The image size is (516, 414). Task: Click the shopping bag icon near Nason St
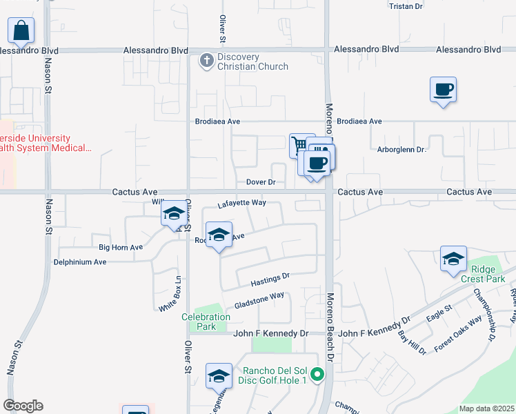pyautogui.click(x=21, y=30)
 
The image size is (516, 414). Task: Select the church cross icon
pyautogui.click(x=206, y=61)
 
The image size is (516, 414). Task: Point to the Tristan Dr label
pyautogui.click(x=406, y=6)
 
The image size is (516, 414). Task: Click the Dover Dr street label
pyautogui.click(x=261, y=183)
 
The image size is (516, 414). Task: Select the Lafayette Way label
pyautogui.click(x=241, y=204)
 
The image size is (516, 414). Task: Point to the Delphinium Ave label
pyautogui.click(x=81, y=262)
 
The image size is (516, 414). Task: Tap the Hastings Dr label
pyautogui.click(x=270, y=279)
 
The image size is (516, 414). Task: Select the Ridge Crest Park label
pyautogui.click(x=488, y=274)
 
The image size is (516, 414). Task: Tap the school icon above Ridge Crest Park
pyautogui.click(x=453, y=259)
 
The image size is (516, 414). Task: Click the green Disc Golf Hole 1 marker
pyautogui.click(x=317, y=375)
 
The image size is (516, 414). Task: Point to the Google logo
pyautogui.click(x=23, y=406)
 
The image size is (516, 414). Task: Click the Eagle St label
pyautogui.click(x=439, y=312)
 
